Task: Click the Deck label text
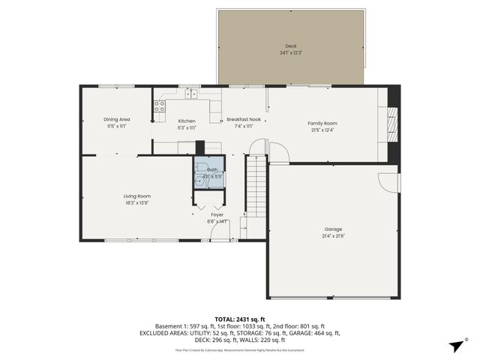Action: [290, 46]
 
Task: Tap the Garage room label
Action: [333, 229]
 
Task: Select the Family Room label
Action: [322, 123]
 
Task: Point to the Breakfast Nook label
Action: [244, 120]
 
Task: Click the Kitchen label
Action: [186, 121]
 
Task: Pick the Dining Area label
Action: [117, 119]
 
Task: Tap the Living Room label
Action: [137, 196]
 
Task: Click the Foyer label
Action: [217, 214]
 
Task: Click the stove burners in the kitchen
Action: [160, 106]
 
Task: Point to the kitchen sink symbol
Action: [190, 94]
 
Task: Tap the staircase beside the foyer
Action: [257, 187]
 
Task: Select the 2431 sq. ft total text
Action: [240, 319]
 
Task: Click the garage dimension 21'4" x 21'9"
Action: [333, 235]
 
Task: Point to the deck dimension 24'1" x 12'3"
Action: [290, 52]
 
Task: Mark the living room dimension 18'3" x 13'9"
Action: [137, 203]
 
